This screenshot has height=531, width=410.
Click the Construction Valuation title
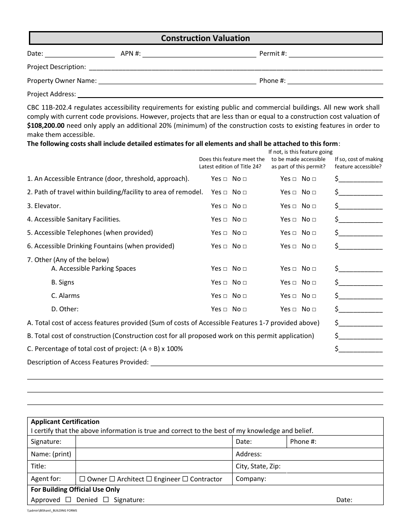(205, 38)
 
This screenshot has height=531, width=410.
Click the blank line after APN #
(199, 54)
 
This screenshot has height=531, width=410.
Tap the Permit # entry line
(336, 54)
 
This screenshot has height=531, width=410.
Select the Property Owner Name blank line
(177, 81)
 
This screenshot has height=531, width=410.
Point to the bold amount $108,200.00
(46, 126)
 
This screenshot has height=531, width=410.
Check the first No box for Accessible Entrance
(245, 179)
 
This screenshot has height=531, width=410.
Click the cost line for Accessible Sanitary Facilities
(361, 220)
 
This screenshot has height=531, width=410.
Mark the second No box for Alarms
(314, 296)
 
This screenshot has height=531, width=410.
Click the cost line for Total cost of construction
(361, 336)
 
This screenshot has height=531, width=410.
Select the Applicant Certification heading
(65, 422)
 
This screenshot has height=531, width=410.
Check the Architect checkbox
(112, 479)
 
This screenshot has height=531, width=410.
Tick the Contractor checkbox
(185, 479)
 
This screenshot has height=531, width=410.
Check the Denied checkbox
(106, 499)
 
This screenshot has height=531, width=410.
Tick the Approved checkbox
(68, 499)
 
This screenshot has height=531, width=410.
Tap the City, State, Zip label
(258, 466)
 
